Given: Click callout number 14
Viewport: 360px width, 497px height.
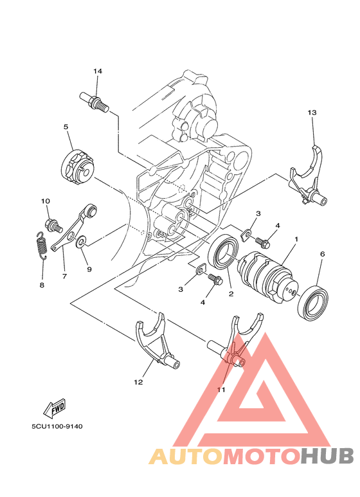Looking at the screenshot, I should point(98,71).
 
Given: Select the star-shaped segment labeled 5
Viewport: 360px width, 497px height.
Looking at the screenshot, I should point(78,164).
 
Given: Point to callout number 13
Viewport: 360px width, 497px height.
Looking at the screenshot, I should point(312,113).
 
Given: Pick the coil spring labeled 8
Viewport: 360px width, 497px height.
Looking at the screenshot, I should point(39,246).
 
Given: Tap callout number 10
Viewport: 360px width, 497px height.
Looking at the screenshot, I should point(46,202).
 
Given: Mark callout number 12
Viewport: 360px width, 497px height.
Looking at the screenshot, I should point(138,382).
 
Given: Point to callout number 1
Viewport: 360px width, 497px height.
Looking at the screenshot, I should point(296,239).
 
